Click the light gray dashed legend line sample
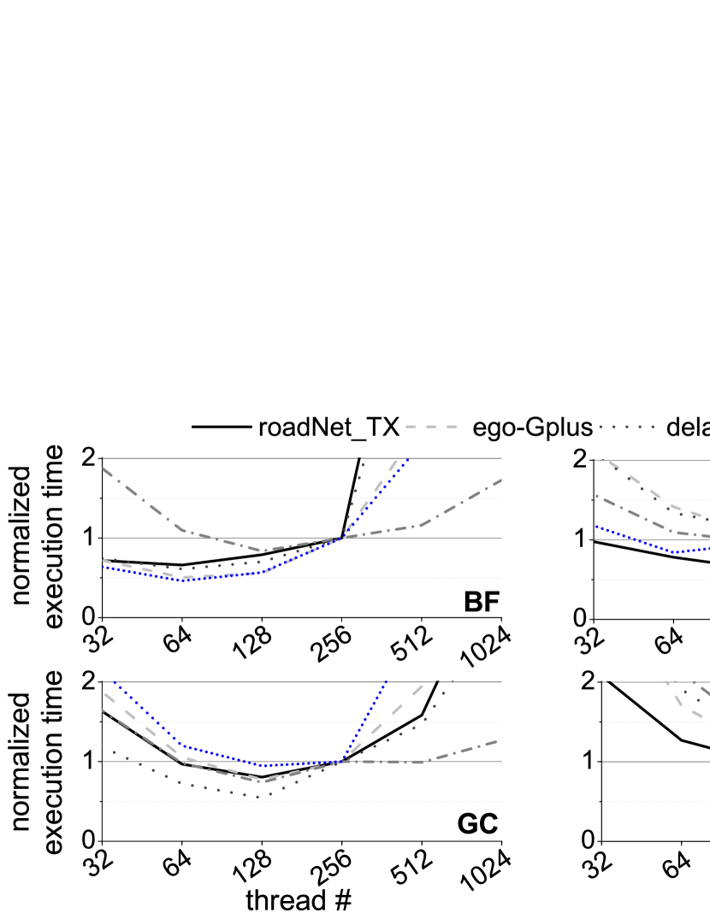[x=431, y=427]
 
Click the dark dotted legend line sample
[x=627, y=427]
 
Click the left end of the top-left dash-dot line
[x=104, y=468]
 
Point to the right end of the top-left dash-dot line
[x=500, y=480]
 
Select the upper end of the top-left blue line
[x=407, y=460]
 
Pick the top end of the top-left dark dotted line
[x=363, y=462]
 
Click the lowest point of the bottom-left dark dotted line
[x=259, y=796]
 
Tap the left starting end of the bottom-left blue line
[x=114, y=682]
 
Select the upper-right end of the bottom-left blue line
[x=387, y=681]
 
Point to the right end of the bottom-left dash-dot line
[x=497, y=741]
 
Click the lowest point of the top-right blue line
[x=675, y=552]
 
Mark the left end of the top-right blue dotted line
[x=596, y=527]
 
